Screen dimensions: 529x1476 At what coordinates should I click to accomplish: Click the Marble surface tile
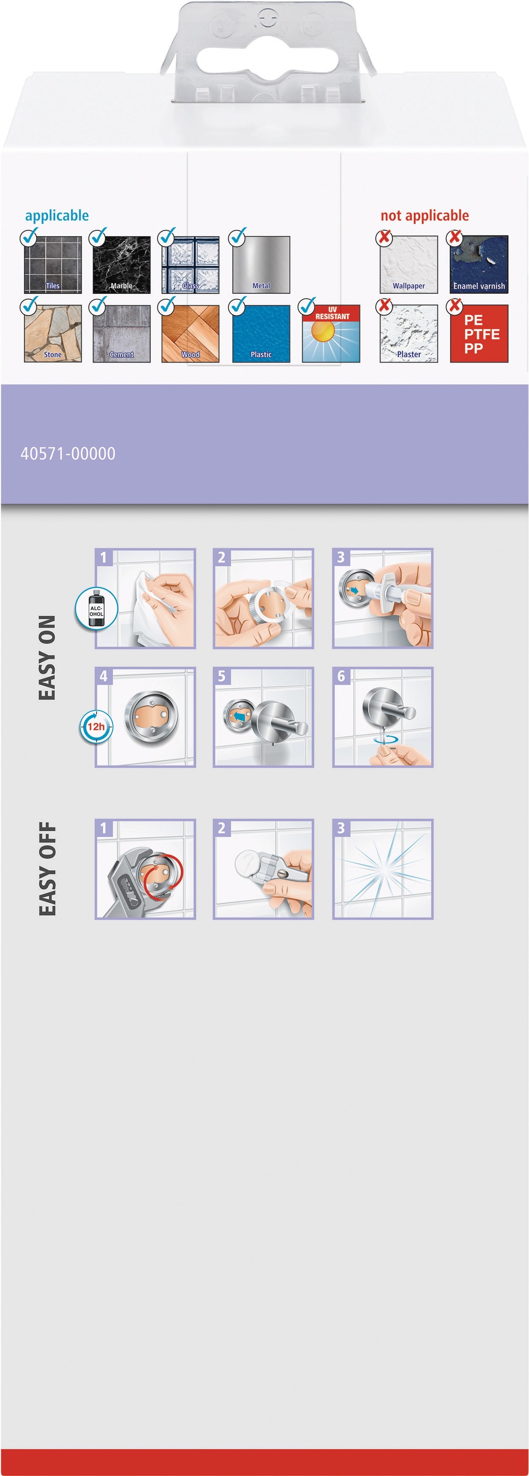point(122,265)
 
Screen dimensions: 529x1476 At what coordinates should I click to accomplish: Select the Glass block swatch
point(190,265)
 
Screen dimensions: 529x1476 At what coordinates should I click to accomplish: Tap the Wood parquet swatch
point(190,333)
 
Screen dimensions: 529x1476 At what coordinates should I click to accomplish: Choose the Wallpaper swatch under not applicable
point(409,265)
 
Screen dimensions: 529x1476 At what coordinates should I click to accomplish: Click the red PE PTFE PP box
point(479,333)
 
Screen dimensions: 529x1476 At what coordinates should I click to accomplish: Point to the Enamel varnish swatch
point(479,265)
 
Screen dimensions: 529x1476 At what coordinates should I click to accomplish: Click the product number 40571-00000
point(68,454)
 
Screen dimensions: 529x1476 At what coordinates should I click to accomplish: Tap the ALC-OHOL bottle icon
point(96,609)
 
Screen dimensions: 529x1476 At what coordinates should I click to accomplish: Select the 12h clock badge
point(96,727)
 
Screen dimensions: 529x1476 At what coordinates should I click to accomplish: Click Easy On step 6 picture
point(383,717)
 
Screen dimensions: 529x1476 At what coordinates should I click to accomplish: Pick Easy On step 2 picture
point(263,598)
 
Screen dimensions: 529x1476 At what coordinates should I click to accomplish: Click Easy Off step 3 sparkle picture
point(383,869)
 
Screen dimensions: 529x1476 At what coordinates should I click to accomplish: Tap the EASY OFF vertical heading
point(47,869)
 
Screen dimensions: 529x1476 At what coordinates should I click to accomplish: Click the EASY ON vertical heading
point(47,658)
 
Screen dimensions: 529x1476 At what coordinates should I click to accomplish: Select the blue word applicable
point(57,216)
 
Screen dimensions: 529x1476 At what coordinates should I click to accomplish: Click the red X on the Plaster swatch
point(384,306)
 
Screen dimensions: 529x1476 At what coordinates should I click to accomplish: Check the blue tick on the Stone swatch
point(29,305)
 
